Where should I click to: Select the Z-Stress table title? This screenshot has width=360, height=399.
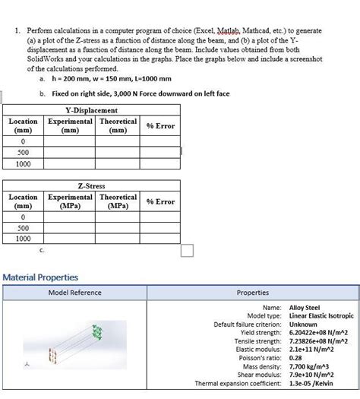[92, 185]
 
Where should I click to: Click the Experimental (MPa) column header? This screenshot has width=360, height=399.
[71, 201]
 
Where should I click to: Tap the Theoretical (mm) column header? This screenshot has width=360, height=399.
[118, 125]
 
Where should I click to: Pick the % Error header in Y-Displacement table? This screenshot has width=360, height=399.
[160, 125]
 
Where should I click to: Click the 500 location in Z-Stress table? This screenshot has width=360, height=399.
[23, 228]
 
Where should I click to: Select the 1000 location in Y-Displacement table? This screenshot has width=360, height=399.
[23, 163]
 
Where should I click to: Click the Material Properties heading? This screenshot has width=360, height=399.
[40, 277]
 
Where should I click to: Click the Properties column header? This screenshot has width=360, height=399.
[253, 293]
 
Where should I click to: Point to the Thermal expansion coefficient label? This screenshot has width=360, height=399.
[238, 382]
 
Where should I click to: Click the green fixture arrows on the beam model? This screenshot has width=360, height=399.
[96, 332]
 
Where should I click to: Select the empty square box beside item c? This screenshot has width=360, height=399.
[187, 250]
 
